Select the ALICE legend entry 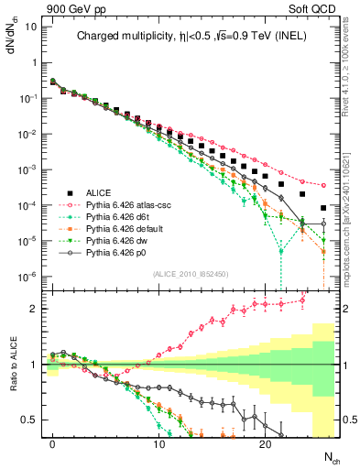99,192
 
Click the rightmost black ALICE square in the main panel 322,206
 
